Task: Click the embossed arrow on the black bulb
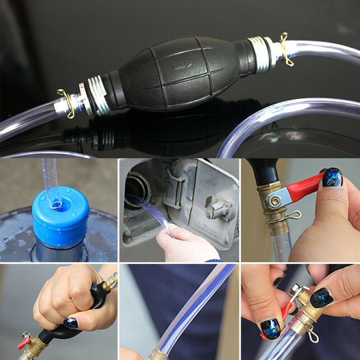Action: (x=183, y=66)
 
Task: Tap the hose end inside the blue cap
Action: (x=56, y=205)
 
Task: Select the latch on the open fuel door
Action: (x=216, y=207)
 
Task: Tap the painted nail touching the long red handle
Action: (x=332, y=177)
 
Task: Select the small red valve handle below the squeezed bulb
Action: (x=23, y=342)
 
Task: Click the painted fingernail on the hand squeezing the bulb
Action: (x=70, y=322)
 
